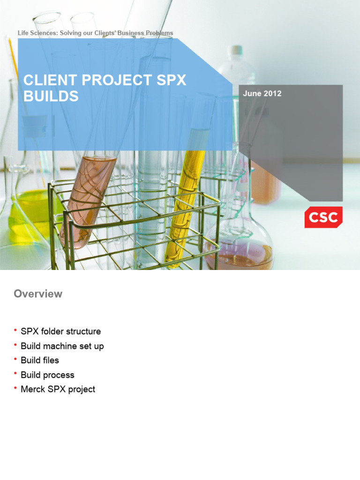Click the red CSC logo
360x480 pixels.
pos(323,217)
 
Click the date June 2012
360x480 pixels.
pos(262,94)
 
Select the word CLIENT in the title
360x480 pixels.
pos(50,80)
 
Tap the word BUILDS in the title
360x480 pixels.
pos(51,96)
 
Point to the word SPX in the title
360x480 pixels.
pos(171,80)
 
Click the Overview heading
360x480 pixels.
pos(38,294)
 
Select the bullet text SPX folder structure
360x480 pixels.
pos(60,331)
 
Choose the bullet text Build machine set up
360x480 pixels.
pos(62,346)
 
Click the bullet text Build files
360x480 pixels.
pos(40,360)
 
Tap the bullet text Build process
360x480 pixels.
pos(47,375)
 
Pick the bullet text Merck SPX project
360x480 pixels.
pos(58,390)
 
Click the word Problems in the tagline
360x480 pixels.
pos(159,33)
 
